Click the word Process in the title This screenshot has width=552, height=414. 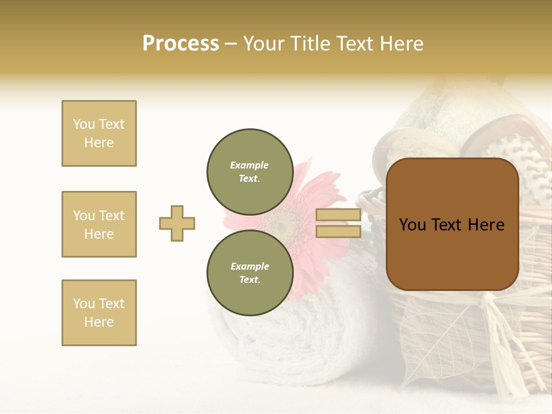[x=181, y=44]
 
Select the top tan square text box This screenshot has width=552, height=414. [x=99, y=133]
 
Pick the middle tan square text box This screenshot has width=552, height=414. [x=99, y=224]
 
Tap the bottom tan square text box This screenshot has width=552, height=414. [x=99, y=313]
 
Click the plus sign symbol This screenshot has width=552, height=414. [x=177, y=223]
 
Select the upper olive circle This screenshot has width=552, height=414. [x=250, y=171]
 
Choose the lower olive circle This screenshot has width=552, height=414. [x=250, y=273]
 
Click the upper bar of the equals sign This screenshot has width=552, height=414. [x=338, y=215]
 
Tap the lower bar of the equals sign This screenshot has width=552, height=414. [x=338, y=232]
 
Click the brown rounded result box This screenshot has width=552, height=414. [x=452, y=224]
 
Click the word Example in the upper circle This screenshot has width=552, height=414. [x=250, y=165]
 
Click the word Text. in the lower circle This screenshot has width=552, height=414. [x=250, y=279]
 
